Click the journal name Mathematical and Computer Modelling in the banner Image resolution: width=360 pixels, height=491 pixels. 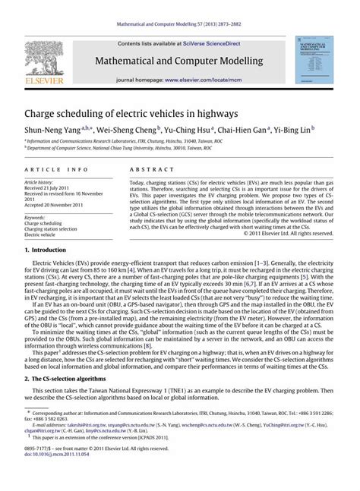point(179,61)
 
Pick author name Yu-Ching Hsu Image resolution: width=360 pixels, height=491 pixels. point(186,130)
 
